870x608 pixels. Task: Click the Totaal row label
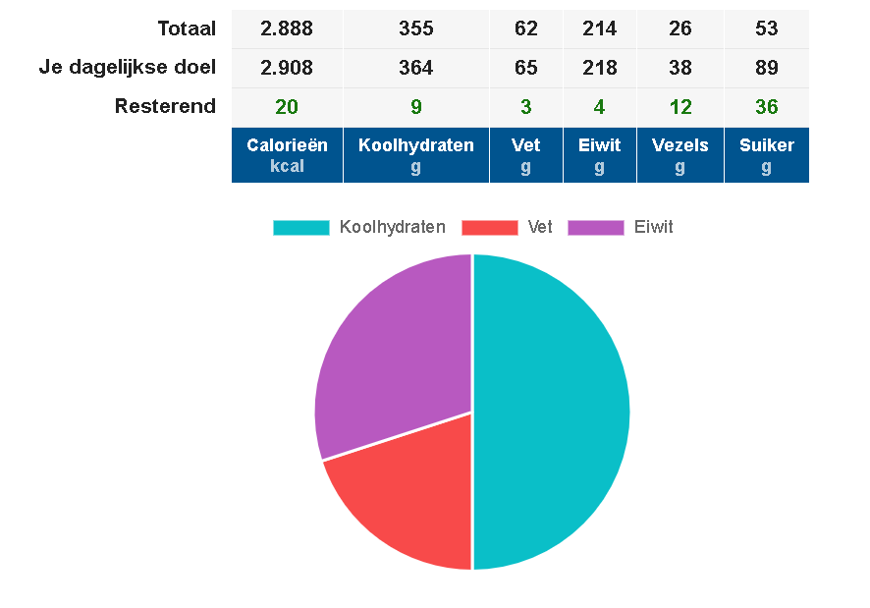(186, 28)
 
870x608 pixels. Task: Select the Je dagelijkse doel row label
(128, 68)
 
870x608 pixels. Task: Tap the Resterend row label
(165, 107)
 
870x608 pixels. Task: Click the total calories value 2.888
(287, 28)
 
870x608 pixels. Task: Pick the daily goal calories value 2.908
(287, 68)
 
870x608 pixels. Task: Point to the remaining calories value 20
(287, 107)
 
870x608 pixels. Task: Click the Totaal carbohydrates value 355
(416, 28)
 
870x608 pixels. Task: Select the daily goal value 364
(416, 68)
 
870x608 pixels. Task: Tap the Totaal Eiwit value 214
(600, 28)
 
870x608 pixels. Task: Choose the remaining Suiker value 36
(767, 107)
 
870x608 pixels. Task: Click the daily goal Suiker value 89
(767, 68)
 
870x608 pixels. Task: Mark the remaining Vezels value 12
(680, 107)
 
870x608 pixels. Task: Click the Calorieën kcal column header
(287, 155)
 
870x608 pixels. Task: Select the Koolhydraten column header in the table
(416, 155)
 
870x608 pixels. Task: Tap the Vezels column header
(680, 155)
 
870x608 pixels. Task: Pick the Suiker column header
(767, 155)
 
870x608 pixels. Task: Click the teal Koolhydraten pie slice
(555, 413)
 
